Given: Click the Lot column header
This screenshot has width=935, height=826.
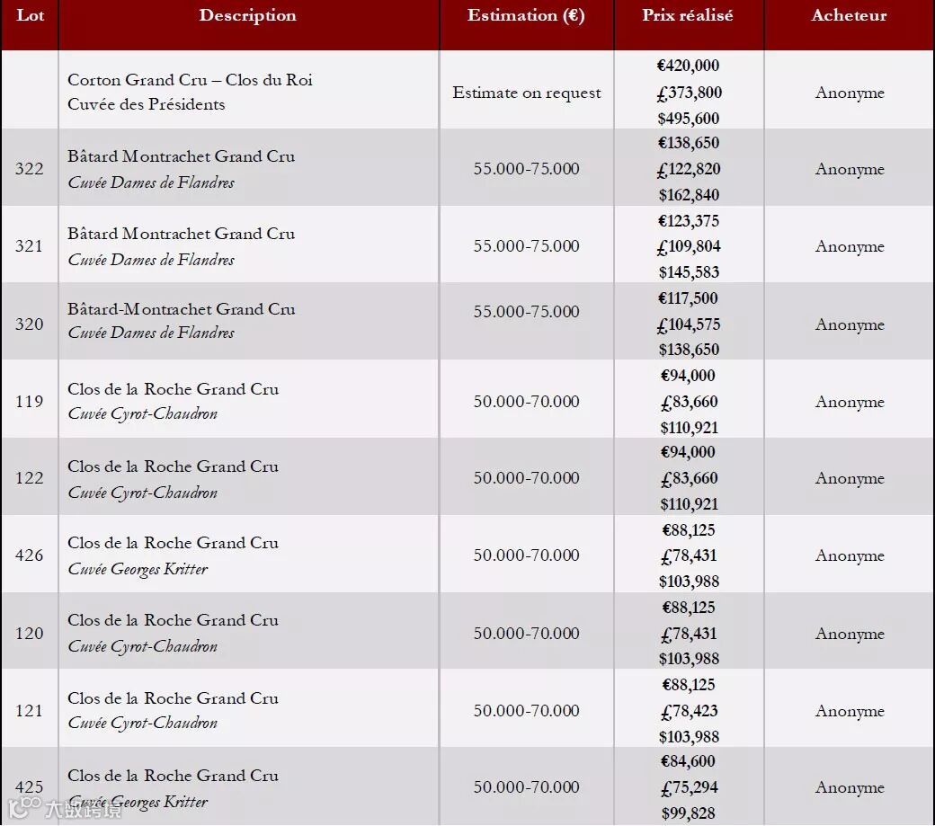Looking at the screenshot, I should (x=29, y=15).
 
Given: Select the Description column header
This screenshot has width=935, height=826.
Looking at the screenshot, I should (x=247, y=15).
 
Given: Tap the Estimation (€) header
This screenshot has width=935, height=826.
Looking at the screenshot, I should (x=526, y=15).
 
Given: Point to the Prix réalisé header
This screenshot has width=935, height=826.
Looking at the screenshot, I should (x=688, y=15).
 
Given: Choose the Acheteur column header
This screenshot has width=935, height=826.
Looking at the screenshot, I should (x=849, y=15).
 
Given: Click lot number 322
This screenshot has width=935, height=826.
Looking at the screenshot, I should (x=29, y=169).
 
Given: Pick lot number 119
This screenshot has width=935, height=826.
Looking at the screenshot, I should (x=29, y=402).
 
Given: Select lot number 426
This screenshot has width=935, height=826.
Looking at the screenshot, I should (x=29, y=555).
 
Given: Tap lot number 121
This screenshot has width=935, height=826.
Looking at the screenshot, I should (x=29, y=711).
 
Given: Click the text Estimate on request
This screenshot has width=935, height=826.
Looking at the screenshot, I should (x=526, y=93).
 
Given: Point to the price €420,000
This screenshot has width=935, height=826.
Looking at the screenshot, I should (x=688, y=66).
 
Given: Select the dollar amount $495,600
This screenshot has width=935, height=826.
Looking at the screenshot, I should (x=688, y=119).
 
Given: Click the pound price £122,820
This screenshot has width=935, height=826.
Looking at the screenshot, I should (x=688, y=169).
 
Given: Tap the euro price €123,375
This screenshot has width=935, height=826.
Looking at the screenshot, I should (x=688, y=221).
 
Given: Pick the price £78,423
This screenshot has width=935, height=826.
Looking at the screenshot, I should (x=688, y=711).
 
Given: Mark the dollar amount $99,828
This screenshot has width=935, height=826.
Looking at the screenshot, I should (x=688, y=813).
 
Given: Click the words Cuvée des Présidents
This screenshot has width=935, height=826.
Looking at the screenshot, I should (x=146, y=104).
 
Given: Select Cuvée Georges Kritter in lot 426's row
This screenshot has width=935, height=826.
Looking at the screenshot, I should (x=138, y=569).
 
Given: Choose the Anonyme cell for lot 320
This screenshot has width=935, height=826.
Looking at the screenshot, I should (x=849, y=324).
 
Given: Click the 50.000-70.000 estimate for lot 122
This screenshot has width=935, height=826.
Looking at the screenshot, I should (x=526, y=478).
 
